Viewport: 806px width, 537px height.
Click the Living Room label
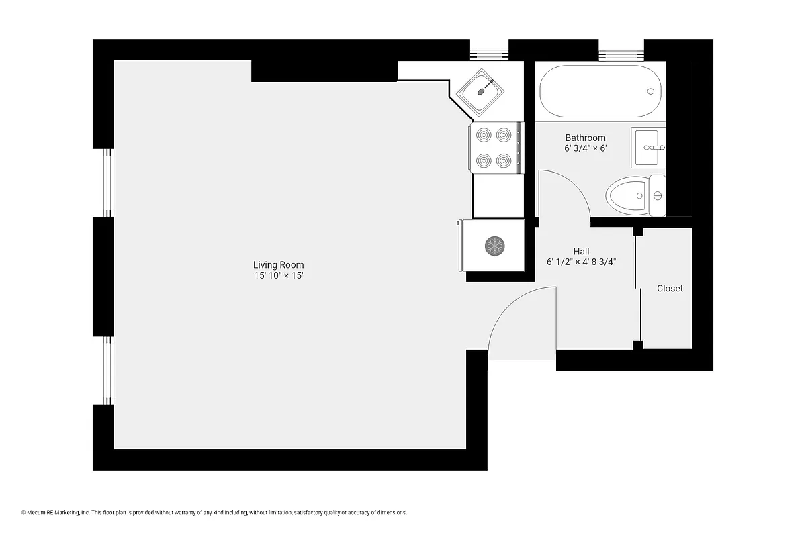(278, 264)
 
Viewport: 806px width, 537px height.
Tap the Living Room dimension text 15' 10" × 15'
(278, 276)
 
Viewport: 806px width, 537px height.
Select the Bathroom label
(585, 138)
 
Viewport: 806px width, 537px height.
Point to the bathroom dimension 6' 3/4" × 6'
(585, 149)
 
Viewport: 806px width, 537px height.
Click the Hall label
(581, 251)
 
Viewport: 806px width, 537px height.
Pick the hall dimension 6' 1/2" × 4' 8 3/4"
(581, 262)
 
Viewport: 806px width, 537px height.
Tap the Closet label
(670, 288)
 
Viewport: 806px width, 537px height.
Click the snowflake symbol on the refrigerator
(495, 246)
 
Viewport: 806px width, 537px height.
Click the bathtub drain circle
(650, 92)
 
